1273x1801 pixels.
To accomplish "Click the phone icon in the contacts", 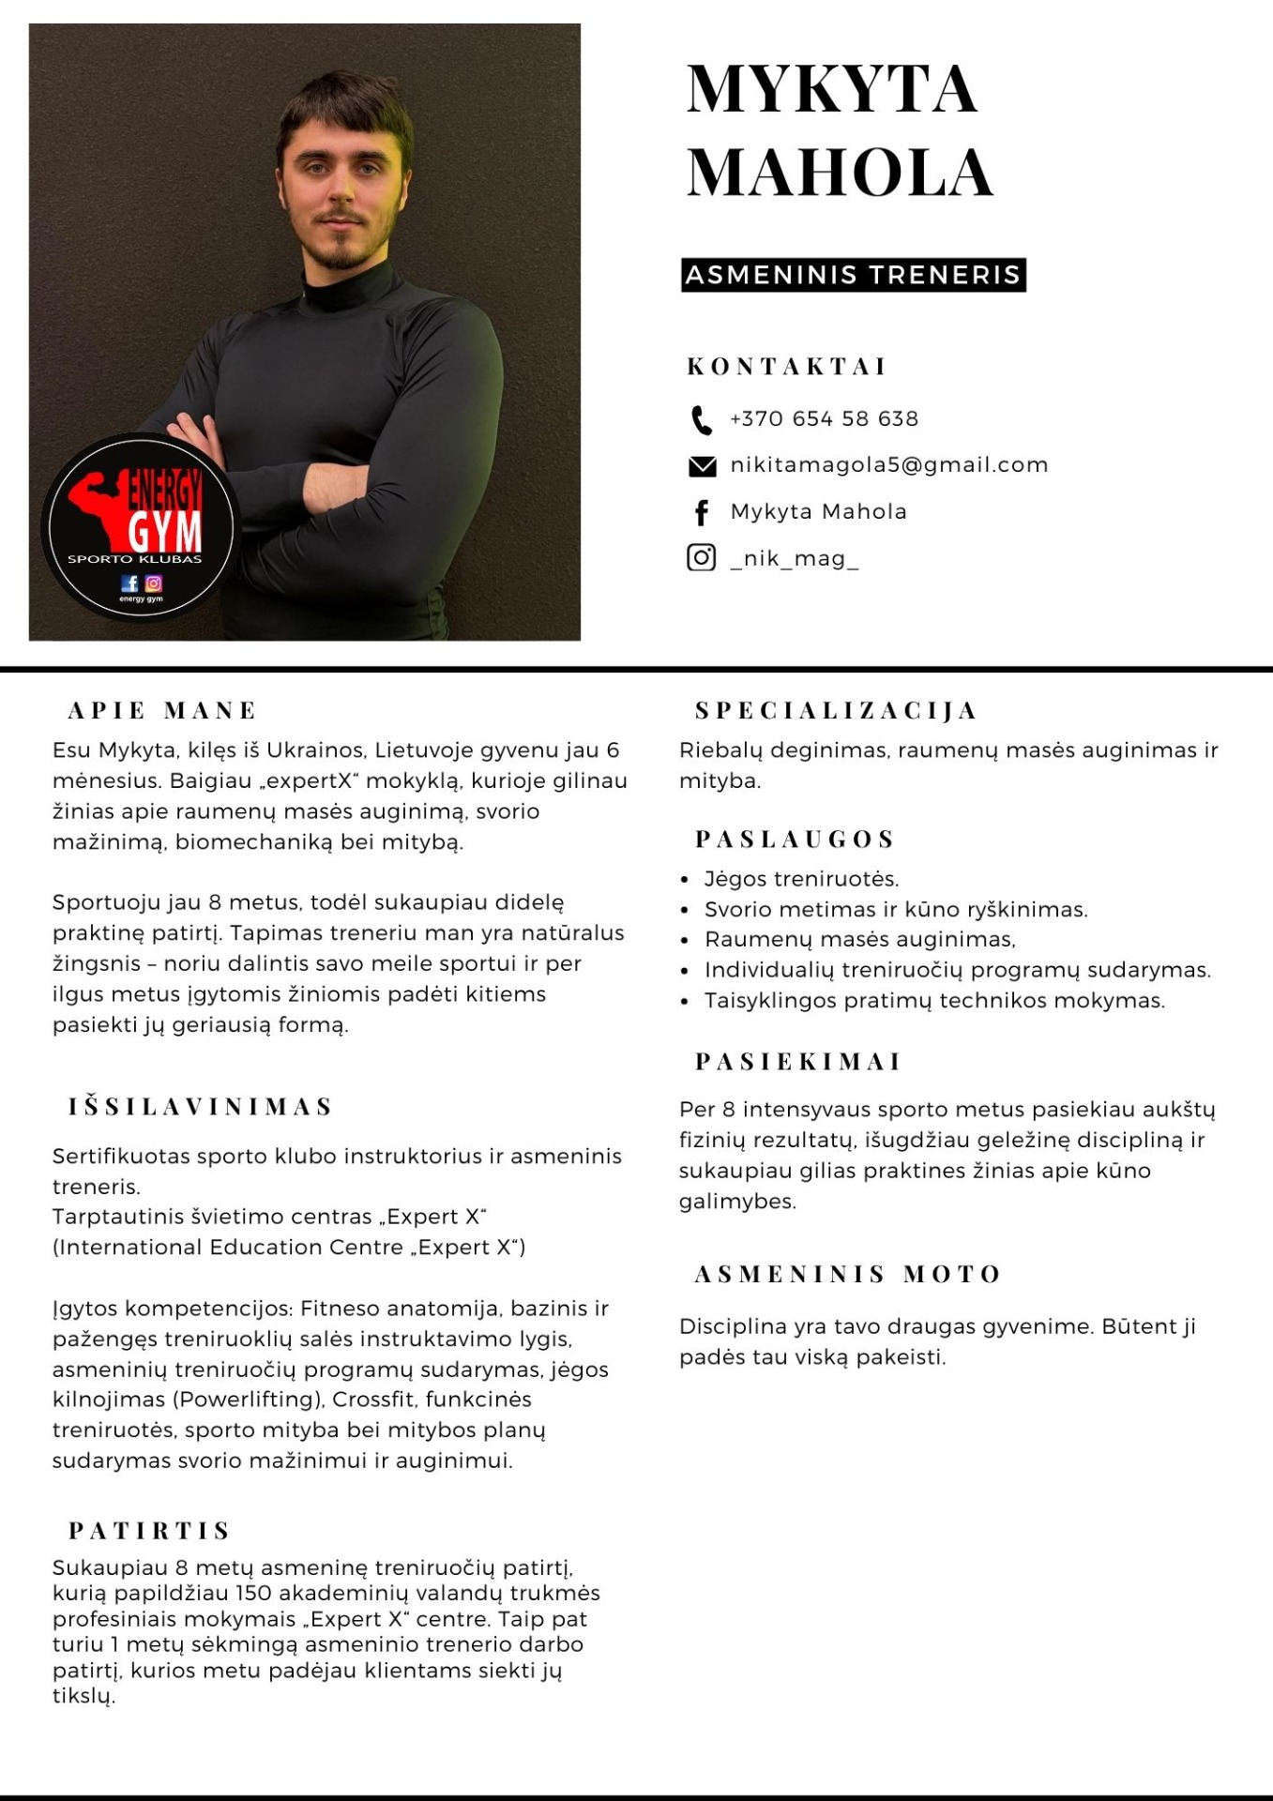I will (x=701, y=420).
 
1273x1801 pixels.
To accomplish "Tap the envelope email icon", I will (x=702, y=466).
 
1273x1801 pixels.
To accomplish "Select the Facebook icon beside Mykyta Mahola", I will (x=701, y=512).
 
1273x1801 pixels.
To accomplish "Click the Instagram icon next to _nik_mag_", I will (x=701, y=558).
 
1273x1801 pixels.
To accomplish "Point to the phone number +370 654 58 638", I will (x=824, y=419).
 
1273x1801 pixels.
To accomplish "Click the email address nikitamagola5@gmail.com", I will (x=888, y=465).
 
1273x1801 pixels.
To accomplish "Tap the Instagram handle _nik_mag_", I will (x=794, y=559).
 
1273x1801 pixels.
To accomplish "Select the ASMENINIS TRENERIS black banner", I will (x=853, y=275).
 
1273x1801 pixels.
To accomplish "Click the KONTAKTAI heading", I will (x=786, y=367).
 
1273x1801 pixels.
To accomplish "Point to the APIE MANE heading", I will (x=161, y=711).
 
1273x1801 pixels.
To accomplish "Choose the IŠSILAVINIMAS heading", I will (x=200, y=1107).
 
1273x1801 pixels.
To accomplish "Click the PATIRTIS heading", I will (x=149, y=1531).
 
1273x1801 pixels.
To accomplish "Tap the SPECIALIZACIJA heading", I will (x=836, y=711).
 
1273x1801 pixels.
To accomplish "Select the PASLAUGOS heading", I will (x=795, y=840).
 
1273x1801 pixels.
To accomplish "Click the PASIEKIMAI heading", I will (x=797, y=1062).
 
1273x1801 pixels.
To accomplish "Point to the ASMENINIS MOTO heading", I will (x=848, y=1275).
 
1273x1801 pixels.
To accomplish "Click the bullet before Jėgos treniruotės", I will (x=684, y=880).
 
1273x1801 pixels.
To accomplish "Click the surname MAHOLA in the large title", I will (x=839, y=173).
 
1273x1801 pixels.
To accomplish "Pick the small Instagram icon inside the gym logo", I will (x=153, y=583).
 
